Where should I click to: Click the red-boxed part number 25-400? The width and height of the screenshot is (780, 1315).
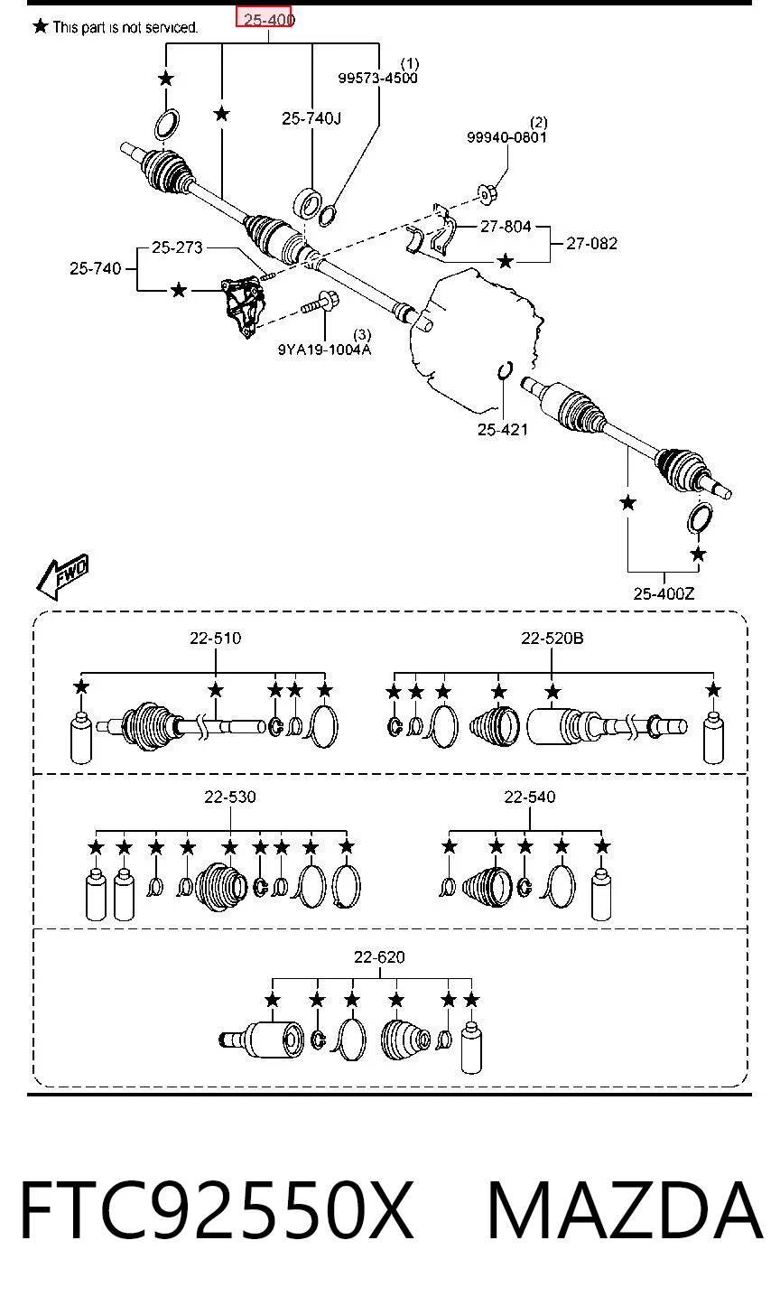click(269, 20)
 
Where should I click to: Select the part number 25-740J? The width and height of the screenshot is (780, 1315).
click(311, 118)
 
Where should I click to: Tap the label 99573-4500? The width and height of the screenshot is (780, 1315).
click(377, 78)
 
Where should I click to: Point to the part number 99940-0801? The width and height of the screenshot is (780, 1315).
click(506, 137)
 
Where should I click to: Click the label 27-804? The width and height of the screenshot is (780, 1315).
click(506, 227)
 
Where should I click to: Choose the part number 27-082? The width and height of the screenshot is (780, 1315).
click(591, 244)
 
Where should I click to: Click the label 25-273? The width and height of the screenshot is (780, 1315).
click(177, 247)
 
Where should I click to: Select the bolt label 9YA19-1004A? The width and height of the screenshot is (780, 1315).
click(325, 350)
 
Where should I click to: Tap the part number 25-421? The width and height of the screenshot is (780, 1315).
click(502, 430)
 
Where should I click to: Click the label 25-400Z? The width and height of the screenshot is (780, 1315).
click(664, 594)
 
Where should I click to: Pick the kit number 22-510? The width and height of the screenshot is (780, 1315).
click(216, 639)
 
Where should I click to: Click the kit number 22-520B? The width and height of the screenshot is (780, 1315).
click(552, 639)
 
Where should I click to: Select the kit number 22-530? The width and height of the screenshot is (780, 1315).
click(230, 797)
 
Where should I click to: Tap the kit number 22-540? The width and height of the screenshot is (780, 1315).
click(529, 797)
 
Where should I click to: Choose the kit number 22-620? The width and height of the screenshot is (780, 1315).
click(379, 957)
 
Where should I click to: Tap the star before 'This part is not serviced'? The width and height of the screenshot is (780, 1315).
click(40, 26)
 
